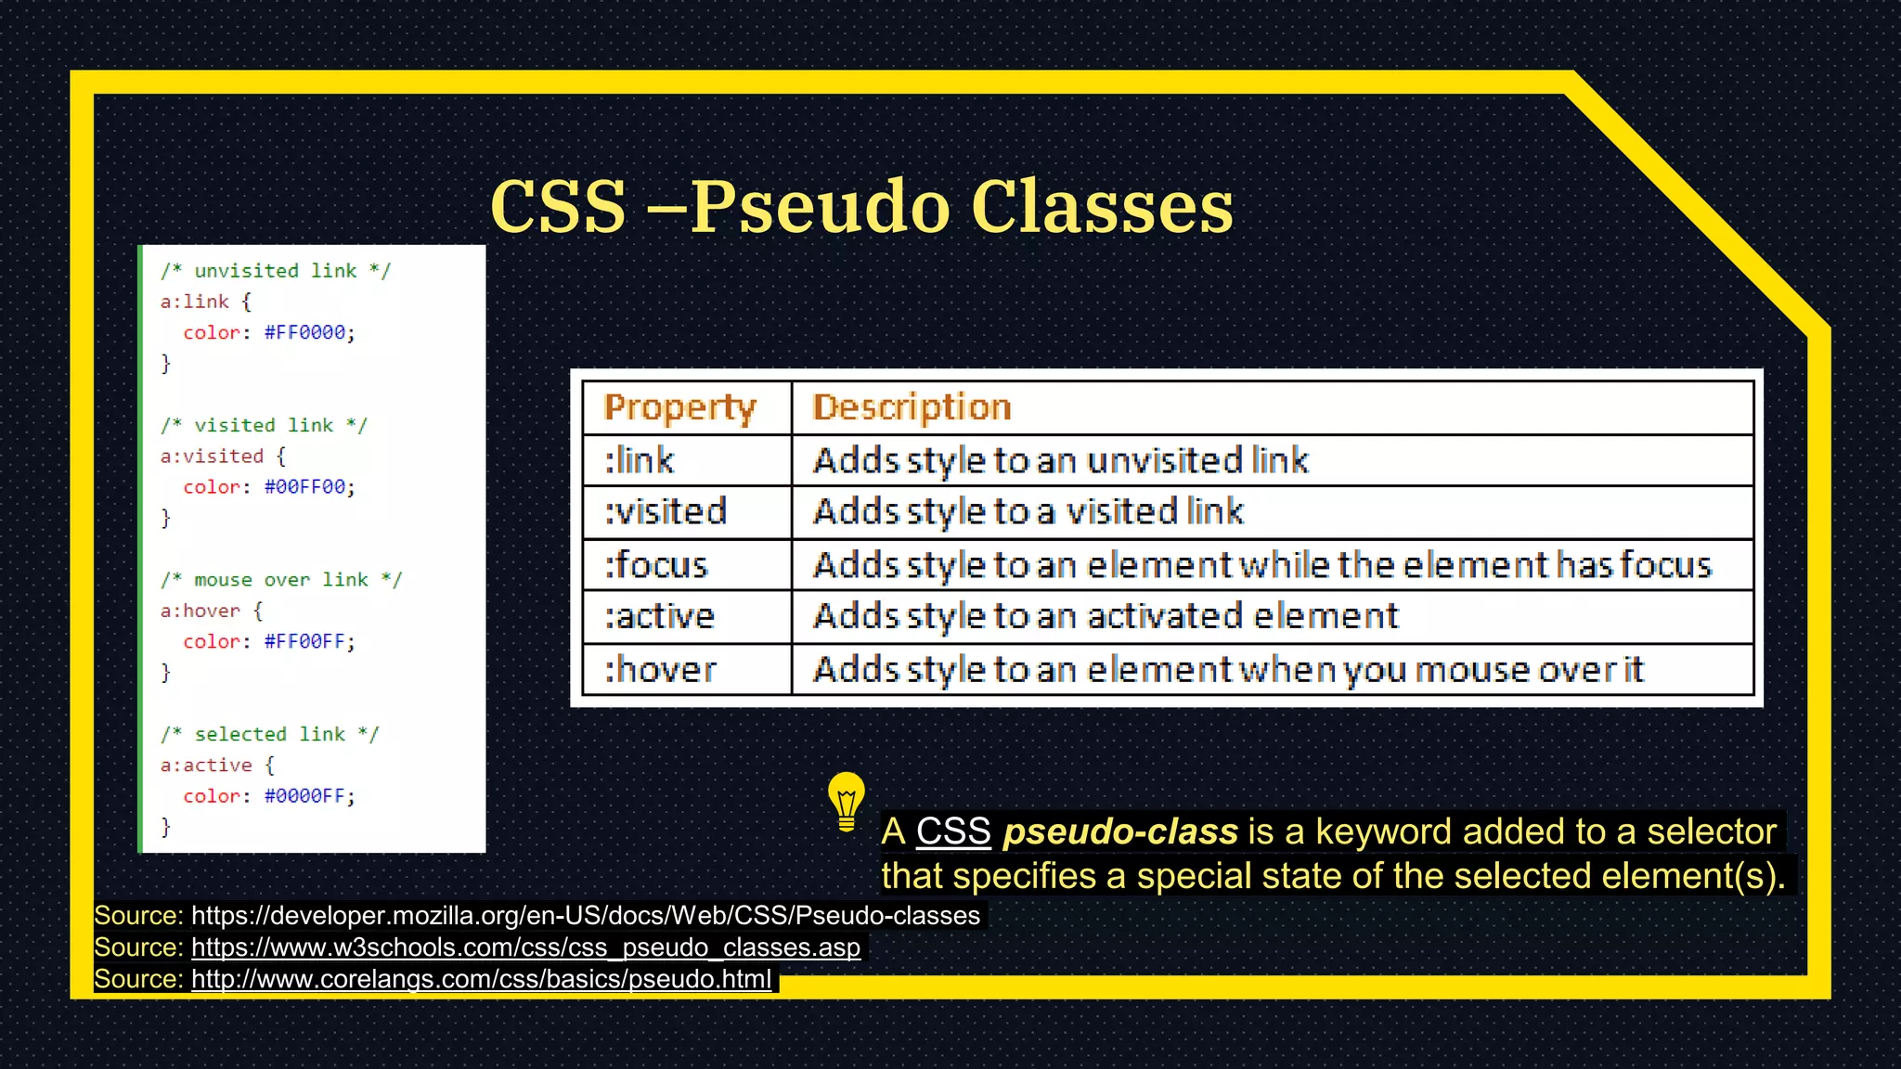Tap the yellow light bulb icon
tap(846, 801)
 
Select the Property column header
tap(680, 407)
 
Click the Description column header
tap(912, 407)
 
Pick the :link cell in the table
tap(640, 460)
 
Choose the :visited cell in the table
tap(666, 511)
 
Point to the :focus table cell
tap(656, 564)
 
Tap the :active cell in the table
tap(660, 616)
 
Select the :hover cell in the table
tap(661, 669)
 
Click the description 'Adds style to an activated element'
tap(1105, 616)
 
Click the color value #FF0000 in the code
tap(304, 332)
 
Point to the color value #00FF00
tap(304, 487)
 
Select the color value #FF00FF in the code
tap(304, 641)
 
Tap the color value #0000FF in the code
tap(304, 796)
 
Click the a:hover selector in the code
tap(200, 611)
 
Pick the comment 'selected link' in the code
tap(269, 734)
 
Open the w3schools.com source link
tap(525, 947)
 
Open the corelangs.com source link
tap(481, 979)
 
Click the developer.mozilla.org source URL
tap(585, 916)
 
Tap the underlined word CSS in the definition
tap(953, 831)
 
